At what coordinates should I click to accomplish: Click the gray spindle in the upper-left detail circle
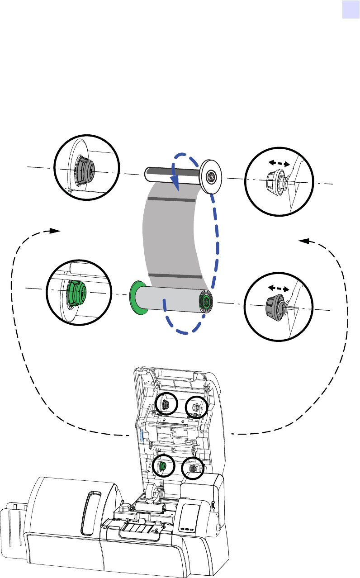pos(82,171)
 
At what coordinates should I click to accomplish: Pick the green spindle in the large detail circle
pos(75,292)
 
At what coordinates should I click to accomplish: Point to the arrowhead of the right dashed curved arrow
pos(304,241)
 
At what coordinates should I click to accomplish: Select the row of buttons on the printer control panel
pos(185,528)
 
